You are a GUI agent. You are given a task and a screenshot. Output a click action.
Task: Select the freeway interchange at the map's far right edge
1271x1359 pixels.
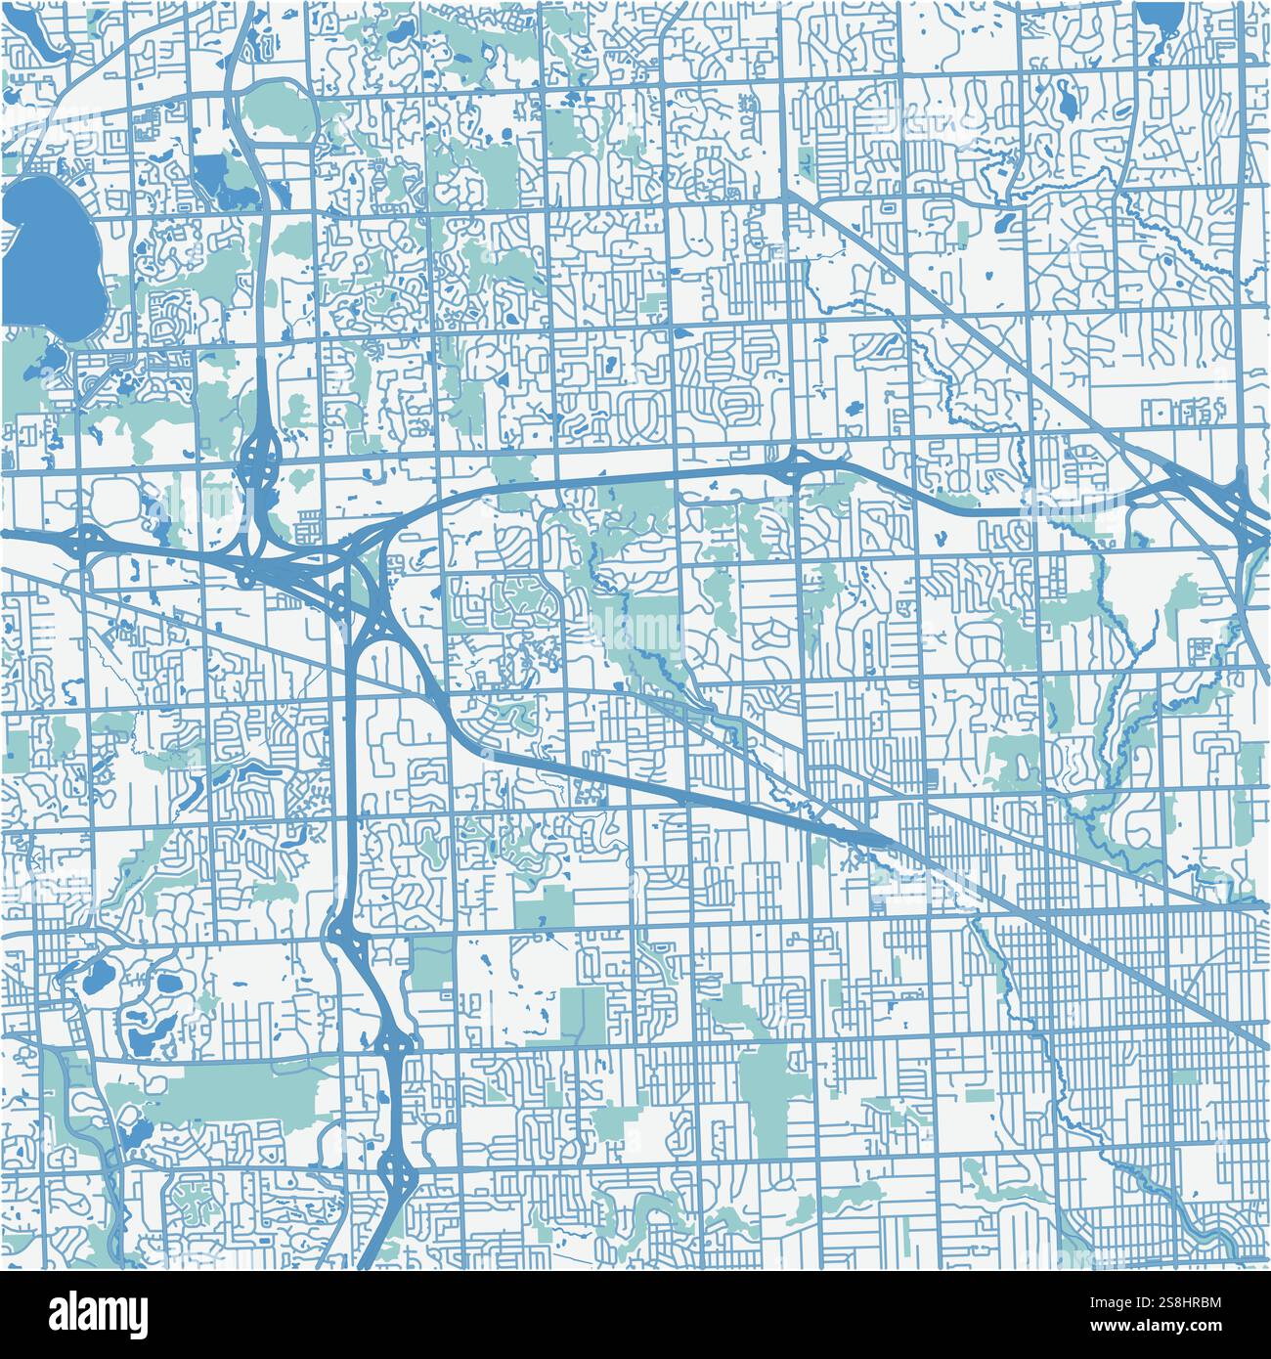point(1247,513)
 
